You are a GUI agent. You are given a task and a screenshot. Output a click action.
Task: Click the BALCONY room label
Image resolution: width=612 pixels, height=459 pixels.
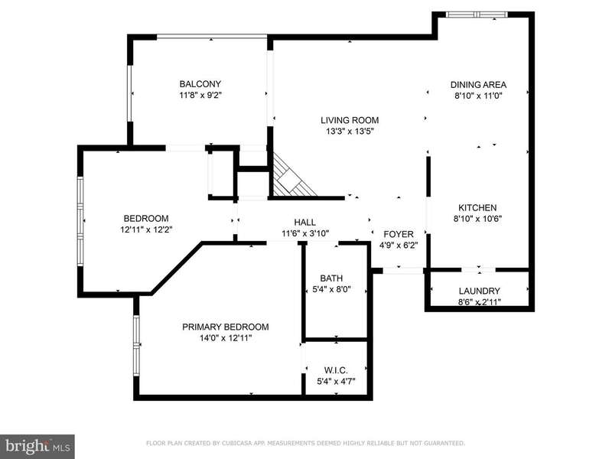pyautogui.click(x=200, y=84)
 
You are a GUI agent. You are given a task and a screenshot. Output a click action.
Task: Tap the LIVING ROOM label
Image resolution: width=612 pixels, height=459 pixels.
pyautogui.click(x=350, y=120)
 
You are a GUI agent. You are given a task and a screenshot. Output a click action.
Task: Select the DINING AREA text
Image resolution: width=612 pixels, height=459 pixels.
pyautogui.click(x=478, y=85)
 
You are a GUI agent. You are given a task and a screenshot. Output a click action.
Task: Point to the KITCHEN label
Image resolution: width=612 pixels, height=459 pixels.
pyautogui.click(x=477, y=208)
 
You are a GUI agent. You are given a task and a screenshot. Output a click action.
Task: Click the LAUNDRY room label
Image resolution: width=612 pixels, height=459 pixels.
pyautogui.click(x=480, y=291)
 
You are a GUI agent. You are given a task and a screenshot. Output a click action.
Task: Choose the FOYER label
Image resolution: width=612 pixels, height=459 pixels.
pyautogui.click(x=399, y=234)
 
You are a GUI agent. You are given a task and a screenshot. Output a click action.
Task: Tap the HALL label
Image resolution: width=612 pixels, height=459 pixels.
pyautogui.click(x=304, y=223)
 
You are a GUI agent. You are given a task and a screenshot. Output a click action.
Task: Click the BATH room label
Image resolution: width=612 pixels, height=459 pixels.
pyautogui.click(x=331, y=278)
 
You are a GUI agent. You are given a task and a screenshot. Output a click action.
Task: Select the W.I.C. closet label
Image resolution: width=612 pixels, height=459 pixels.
pyautogui.click(x=336, y=370)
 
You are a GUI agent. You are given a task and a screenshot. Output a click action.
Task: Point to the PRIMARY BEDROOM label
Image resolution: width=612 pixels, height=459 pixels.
pyautogui.click(x=226, y=327)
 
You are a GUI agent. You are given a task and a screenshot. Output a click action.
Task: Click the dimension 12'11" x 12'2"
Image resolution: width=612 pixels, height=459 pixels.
pyautogui.click(x=146, y=229)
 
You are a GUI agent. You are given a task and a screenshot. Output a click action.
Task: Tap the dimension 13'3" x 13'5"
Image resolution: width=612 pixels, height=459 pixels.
pyautogui.click(x=350, y=131)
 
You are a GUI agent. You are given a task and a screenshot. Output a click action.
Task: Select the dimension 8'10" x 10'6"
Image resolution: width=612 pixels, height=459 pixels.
pyautogui.click(x=477, y=219)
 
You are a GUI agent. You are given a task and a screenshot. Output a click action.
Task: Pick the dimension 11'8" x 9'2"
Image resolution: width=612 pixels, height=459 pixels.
pyautogui.click(x=200, y=95)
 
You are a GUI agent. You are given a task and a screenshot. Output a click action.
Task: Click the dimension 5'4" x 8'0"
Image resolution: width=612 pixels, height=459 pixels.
pyautogui.click(x=331, y=289)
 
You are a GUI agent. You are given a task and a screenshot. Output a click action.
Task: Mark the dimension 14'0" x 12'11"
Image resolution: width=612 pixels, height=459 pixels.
pyautogui.click(x=226, y=338)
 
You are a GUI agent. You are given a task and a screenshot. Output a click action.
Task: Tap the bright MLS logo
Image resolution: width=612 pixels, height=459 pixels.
pyautogui.click(x=37, y=447)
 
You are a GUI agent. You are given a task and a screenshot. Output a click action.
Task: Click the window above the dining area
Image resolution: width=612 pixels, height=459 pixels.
pyautogui.click(x=477, y=15)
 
